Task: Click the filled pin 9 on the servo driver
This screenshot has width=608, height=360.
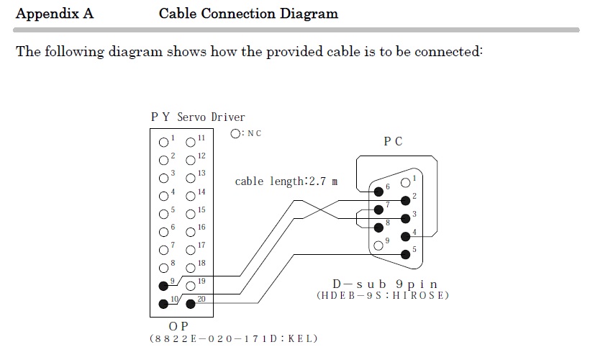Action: [164, 284]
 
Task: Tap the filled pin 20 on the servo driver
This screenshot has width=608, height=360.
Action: [191, 303]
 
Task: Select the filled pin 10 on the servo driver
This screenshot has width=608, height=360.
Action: [164, 303]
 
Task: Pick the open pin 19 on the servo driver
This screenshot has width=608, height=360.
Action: [191, 285]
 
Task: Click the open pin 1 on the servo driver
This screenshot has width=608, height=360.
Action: [164, 142]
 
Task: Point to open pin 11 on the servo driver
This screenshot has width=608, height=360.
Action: [191, 142]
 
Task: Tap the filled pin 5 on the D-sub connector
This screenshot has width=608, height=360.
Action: [406, 253]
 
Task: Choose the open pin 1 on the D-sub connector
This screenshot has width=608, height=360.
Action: [406, 182]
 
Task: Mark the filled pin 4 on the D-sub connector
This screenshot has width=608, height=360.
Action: [406, 235]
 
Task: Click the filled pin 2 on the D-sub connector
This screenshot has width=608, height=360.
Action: [406, 200]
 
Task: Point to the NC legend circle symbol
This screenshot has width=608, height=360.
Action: [235, 133]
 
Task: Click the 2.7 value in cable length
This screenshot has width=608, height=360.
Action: [316, 181]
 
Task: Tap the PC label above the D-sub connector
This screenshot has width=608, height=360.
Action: [393, 141]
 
